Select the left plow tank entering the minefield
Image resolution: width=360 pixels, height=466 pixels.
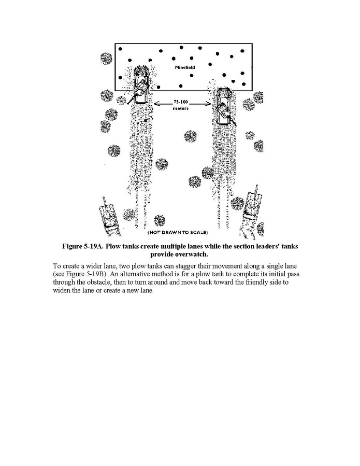click(x=140, y=85)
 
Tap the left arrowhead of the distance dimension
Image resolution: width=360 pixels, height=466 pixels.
click(x=157, y=105)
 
